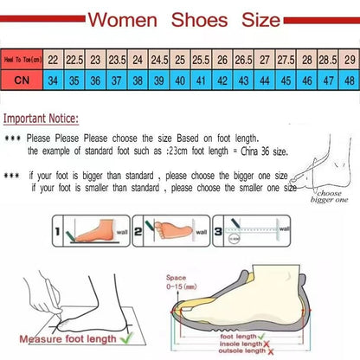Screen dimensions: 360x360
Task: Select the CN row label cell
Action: pyautogui.click(x=23, y=80)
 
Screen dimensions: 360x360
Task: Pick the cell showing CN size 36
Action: pyautogui.click(x=95, y=80)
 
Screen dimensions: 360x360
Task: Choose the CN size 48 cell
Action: pyautogui.click(x=349, y=80)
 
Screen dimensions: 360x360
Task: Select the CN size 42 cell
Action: pyautogui.click(x=222, y=80)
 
